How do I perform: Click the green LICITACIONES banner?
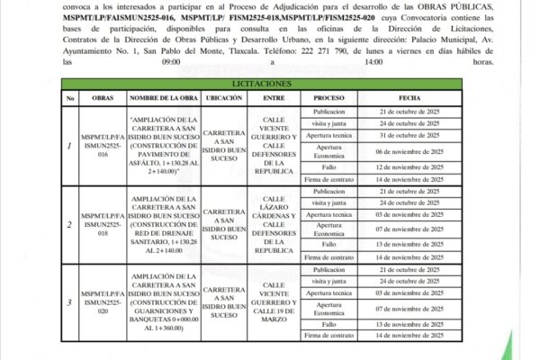pyautogui.click(x=263, y=83)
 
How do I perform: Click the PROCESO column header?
pyautogui.click(x=329, y=96)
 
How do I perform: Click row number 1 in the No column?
pyautogui.click(x=69, y=146)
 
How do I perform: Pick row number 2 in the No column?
pyautogui.click(x=69, y=225)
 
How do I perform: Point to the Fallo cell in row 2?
pyautogui.click(x=329, y=244)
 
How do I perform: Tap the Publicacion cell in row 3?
pyautogui.click(x=329, y=268)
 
